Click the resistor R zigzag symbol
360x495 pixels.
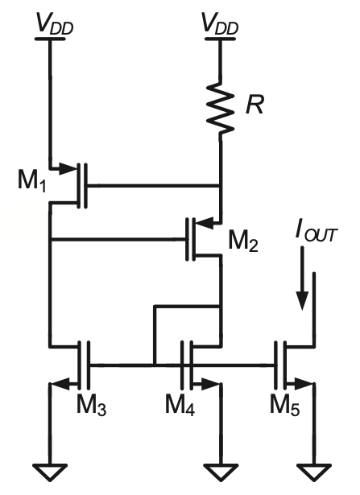point(221,108)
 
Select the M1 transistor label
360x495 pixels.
point(32,182)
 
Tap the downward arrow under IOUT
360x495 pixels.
point(302,278)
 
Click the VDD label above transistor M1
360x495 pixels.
point(55,24)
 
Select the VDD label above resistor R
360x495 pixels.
point(220,24)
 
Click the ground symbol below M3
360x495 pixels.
point(50,472)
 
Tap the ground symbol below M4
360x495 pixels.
point(221,472)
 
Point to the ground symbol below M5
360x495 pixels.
point(314,472)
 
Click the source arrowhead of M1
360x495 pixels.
point(68,168)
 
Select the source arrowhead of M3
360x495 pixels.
point(60,384)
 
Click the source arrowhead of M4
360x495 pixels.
point(210,384)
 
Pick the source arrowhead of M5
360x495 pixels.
point(303,384)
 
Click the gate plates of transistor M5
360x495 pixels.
point(280,365)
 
